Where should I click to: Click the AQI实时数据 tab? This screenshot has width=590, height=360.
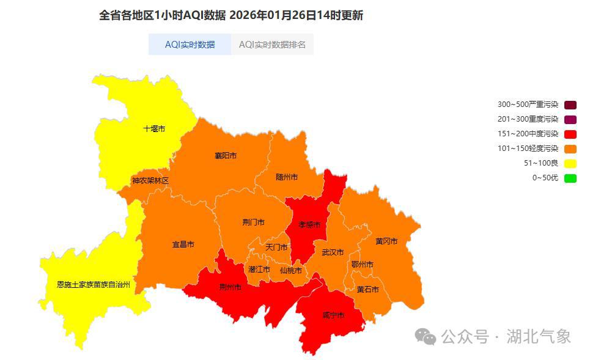tap(190, 45)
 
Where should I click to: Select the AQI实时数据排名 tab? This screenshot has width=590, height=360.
tap(272, 45)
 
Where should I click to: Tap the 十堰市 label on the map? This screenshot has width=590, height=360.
tap(154, 129)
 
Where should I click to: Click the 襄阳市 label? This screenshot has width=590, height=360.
tap(226, 156)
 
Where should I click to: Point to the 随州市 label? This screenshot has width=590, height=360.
tap(287, 177)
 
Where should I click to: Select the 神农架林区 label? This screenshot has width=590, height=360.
tap(150, 181)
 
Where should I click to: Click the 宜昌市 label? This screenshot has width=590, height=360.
tap(183, 244)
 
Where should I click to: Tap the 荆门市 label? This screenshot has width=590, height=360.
tap(253, 222)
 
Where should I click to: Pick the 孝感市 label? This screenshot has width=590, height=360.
tap(309, 225)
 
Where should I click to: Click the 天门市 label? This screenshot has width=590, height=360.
tap(276, 248)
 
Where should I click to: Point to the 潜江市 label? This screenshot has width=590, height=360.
tap(259, 270)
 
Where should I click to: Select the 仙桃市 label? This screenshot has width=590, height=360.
tap(291, 270)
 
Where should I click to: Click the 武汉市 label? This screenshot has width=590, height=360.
tap(333, 252)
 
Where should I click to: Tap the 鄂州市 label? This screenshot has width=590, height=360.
tap(362, 265)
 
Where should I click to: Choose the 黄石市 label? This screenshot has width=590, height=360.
tap(368, 290)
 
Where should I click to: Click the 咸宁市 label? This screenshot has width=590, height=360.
tap(333, 316)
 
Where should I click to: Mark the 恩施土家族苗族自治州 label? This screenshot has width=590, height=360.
tap(94, 285)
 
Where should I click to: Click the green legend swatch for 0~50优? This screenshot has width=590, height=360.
tap(570, 178)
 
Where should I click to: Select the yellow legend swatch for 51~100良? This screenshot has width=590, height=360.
tap(570, 163)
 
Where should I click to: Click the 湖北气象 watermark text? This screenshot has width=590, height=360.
tap(539, 337)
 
